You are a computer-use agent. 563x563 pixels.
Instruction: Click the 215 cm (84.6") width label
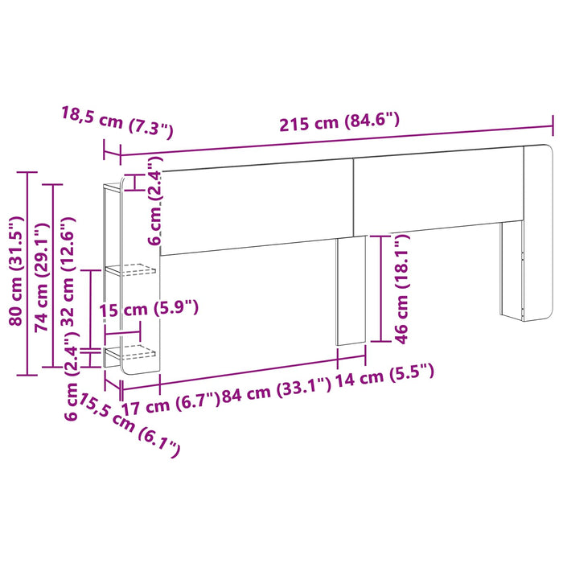pyautogui.click(x=339, y=121)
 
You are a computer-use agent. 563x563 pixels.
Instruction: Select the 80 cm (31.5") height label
pyautogui.click(x=16, y=271)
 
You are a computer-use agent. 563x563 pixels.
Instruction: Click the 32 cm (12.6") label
pyautogui.click(x=68, y=271)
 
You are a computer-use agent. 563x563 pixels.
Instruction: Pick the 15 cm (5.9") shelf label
pyautogui.click(x=149, y=309)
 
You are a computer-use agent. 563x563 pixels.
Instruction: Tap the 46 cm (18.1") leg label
pyautogui.click(x=402, y=288)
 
